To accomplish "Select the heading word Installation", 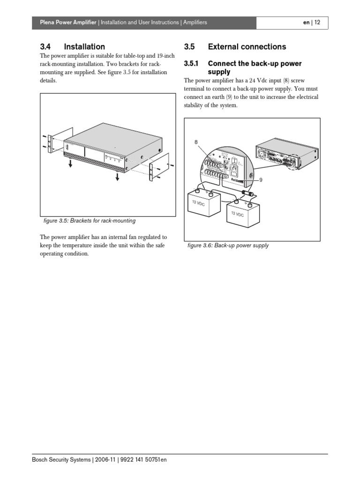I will (x=84, y=46).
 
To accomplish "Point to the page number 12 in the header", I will (x=317, y=22).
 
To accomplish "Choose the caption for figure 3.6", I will (x=228, y=245).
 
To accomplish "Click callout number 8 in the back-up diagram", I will (x=196, y=142).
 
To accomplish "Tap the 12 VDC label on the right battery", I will (x=237, y=213).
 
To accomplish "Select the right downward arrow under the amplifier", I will (x=116, y=177).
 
